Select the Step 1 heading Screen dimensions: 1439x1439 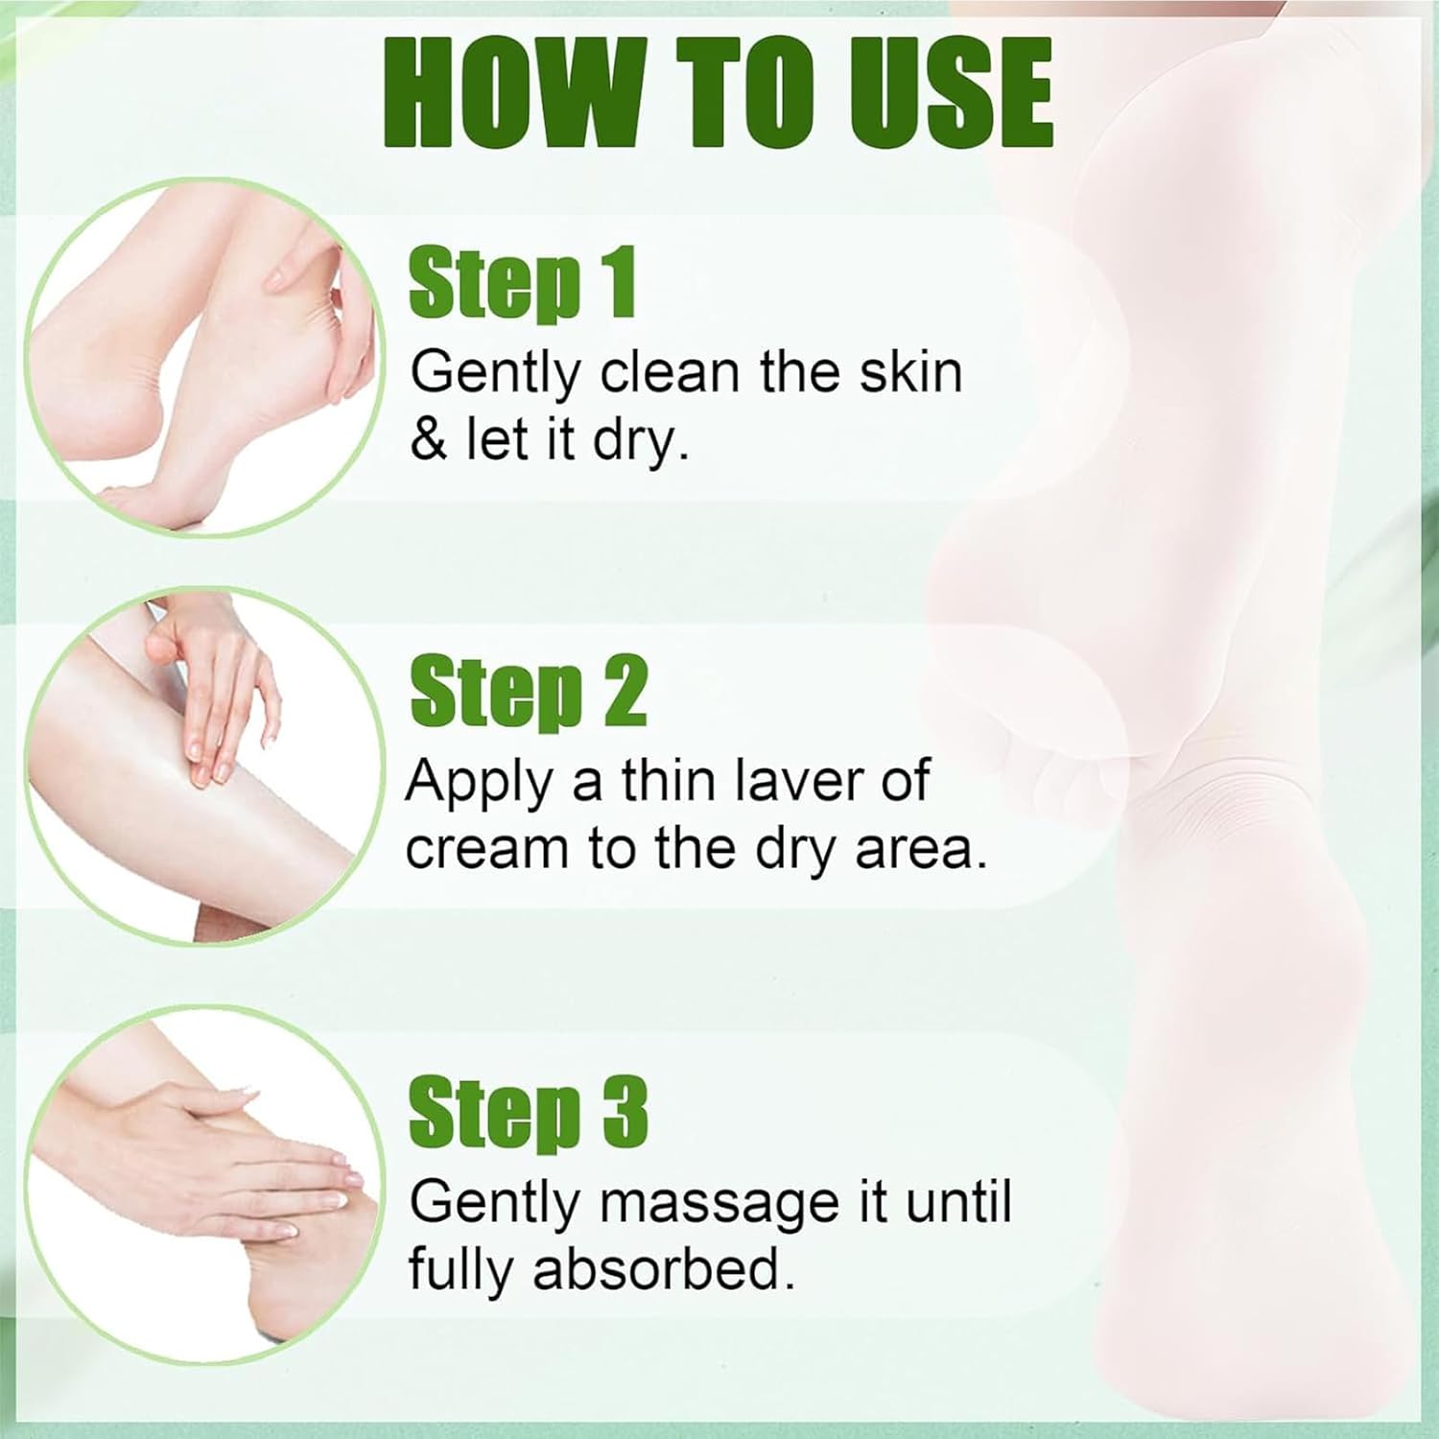(522, 284)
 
